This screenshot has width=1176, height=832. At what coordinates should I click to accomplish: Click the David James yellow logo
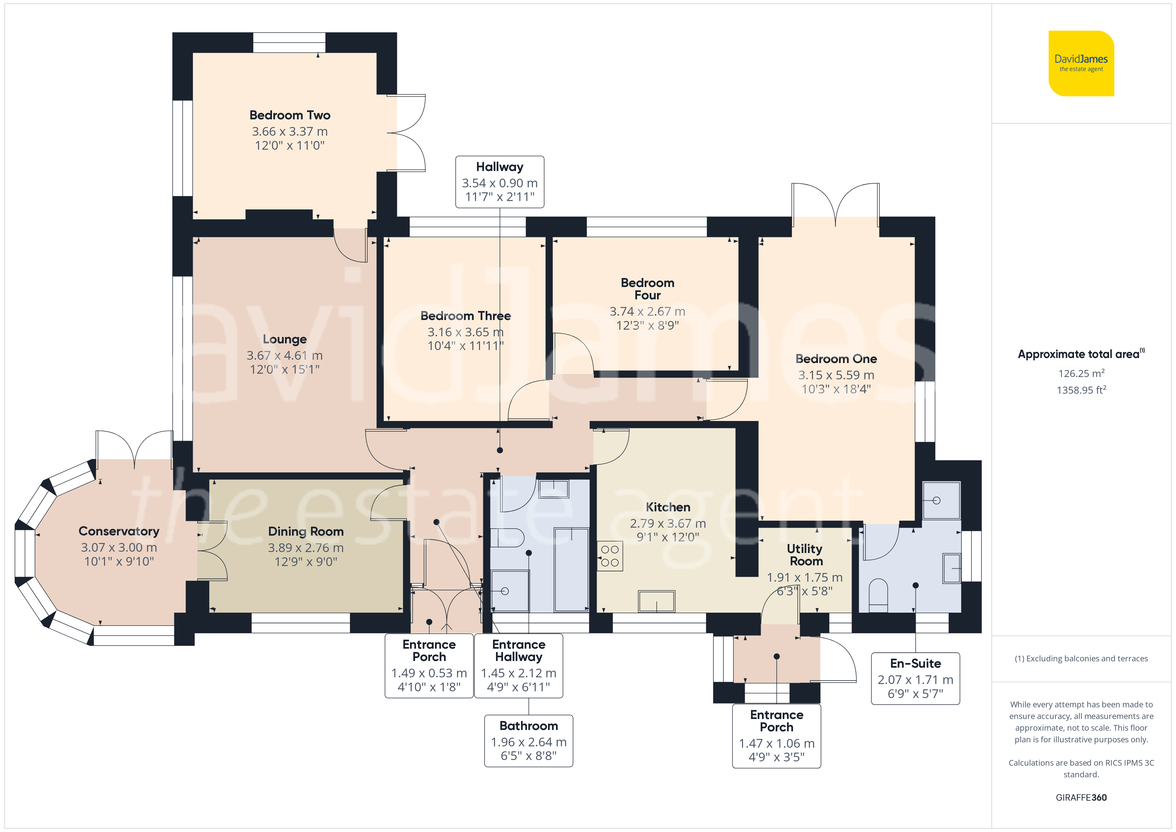[x=1081, y=64]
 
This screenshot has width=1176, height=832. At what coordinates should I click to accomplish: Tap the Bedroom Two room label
[x=290, y=115]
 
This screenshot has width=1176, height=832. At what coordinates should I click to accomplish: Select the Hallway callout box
[x=500, y=182]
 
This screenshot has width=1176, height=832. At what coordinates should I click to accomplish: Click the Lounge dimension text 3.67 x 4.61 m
[x=285, y=356]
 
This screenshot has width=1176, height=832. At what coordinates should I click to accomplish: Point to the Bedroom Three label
[x=466, y=316]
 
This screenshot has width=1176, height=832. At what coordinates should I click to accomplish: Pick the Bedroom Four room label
[x=647, y=289]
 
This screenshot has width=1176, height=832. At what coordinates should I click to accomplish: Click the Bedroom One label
[x=836, y=359]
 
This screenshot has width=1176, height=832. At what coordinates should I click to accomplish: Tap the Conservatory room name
[x=119, y=531]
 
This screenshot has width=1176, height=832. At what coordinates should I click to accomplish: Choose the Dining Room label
[x=306, y=532]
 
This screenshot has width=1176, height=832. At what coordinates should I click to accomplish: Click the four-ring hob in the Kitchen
[x=610, y=556]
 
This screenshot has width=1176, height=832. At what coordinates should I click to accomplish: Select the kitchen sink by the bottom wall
[x=656, y=601]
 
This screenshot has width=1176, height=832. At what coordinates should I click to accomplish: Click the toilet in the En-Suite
[x=878, y=595]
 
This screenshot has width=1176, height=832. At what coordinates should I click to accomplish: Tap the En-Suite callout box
[x=915, y=678]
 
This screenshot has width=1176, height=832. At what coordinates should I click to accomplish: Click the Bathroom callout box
[x=529, y=741]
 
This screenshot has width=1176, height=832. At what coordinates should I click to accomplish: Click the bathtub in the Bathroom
[x=572, y=570]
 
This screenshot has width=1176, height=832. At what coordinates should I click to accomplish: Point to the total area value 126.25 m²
[x=1081, y=373]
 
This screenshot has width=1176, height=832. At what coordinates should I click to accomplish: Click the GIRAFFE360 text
[x=1081, y=798]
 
